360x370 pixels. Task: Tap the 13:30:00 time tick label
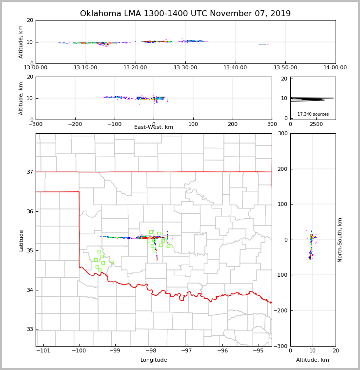click(x=186, y=68)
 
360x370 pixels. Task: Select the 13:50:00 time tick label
click(x=285, y=68)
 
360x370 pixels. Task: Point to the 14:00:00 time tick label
click(x=335, y=68)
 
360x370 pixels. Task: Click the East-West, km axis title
click(x=154, y=127)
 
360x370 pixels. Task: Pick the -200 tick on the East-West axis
click(x=75, y=124)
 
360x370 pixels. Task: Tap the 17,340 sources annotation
click(x=313, y=114)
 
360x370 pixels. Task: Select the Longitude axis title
click(x=154, y=360)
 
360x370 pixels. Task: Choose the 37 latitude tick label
click(x=30, y=172)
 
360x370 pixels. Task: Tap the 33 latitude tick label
click(x=30, y=329)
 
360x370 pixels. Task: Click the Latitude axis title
click(x=21, y=240)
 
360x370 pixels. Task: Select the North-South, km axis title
click(x=340, y=240)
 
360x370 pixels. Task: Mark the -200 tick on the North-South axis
click(x=281, y=310)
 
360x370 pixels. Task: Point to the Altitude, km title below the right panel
click(x=313, y=360)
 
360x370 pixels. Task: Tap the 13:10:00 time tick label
click(x=86, y=68)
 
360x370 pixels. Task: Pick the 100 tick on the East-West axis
click(x=193, y=124)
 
